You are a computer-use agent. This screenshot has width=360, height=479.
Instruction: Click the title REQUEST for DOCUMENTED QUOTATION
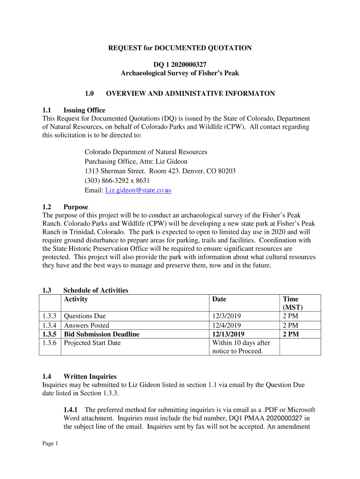pyautogui.click(x=180, y=48)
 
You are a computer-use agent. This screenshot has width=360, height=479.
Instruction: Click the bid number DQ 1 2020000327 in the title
pyautogui.click(x=180, y=65)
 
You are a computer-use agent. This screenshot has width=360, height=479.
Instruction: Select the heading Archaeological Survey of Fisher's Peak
pyautogui.click(x=180, y=73)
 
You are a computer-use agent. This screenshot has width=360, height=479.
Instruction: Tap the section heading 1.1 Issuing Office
pyautogui.click(x=74, y=110)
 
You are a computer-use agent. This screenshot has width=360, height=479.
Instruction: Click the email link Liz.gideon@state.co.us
pyautogui.click(x=138, y=190)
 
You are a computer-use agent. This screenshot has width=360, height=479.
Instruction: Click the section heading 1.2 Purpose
pyautogui.click(x=65, y=207)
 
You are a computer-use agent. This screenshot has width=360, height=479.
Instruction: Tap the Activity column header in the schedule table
pyautogui.click(x=76, y=299)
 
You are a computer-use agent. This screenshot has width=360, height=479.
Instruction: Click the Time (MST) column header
pyautogui.click(x=293, y=303)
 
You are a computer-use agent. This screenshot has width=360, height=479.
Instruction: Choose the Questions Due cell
pyautogui.click(x=85, y=316)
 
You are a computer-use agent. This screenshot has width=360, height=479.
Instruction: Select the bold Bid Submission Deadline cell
pyautogui.click(x=101, y=334)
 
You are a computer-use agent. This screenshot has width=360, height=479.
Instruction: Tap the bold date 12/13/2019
pyautogui.click(x=228, y=334)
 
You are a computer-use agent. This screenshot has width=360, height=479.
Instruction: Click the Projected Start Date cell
pyautogui.click(x=92, y=343)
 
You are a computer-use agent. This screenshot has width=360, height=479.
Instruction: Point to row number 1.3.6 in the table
pyautogui.click(x=49, y=343)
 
